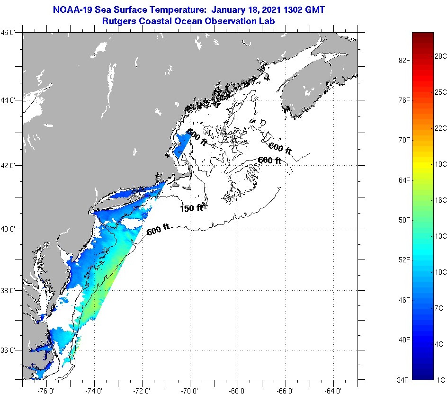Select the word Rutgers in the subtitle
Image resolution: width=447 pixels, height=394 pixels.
click(x=118, y=21)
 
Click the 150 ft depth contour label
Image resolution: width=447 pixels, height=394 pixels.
click(x=191, y=208)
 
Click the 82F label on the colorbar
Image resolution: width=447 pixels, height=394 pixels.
click(x=403, y=60)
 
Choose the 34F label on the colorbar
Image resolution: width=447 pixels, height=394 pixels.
click(x=403, y=379)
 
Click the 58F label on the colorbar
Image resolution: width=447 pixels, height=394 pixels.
click(x=403, y=220)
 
